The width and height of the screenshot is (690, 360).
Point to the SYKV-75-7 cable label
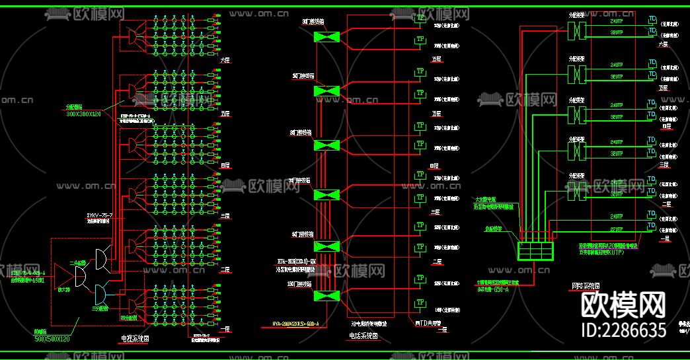tap(100, 215)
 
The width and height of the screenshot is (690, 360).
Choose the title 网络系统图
tap(586, 287)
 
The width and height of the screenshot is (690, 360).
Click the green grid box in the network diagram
tap(535, 252)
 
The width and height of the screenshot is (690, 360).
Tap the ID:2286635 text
tap(623, 330)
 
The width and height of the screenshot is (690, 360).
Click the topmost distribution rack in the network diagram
tap(579, 30)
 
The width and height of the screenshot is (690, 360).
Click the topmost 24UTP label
tap(616, 20)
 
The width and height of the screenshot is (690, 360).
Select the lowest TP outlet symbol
tap(420, 303)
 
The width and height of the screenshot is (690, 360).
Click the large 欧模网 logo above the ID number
tap(623, 306)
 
